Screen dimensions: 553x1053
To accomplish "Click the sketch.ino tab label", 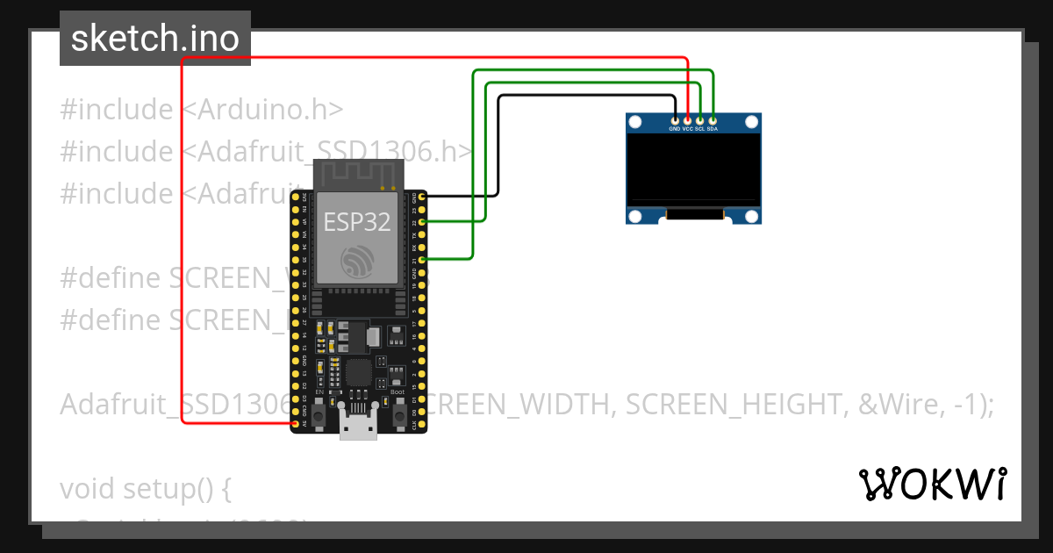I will point(154,39).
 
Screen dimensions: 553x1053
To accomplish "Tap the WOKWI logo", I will point(932,484).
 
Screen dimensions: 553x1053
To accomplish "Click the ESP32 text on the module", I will point(357,221).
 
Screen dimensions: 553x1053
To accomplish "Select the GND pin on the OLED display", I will point(674,119).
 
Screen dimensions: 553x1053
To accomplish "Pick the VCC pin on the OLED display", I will point(687,119).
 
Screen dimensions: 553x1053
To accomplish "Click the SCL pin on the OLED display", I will point(700,119).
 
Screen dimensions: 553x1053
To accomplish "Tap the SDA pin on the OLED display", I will point(713,119).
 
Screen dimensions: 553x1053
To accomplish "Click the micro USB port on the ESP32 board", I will point(358,427).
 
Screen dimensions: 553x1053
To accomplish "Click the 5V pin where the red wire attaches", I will point(295,423).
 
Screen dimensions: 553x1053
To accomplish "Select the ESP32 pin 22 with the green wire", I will point(423,222).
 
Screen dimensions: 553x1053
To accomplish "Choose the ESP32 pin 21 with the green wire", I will point(423,260).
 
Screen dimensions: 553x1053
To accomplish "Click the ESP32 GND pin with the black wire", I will point(423,197).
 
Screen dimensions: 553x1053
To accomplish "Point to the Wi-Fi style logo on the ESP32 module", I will point(358,261).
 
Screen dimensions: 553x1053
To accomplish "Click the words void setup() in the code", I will point(145,488).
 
